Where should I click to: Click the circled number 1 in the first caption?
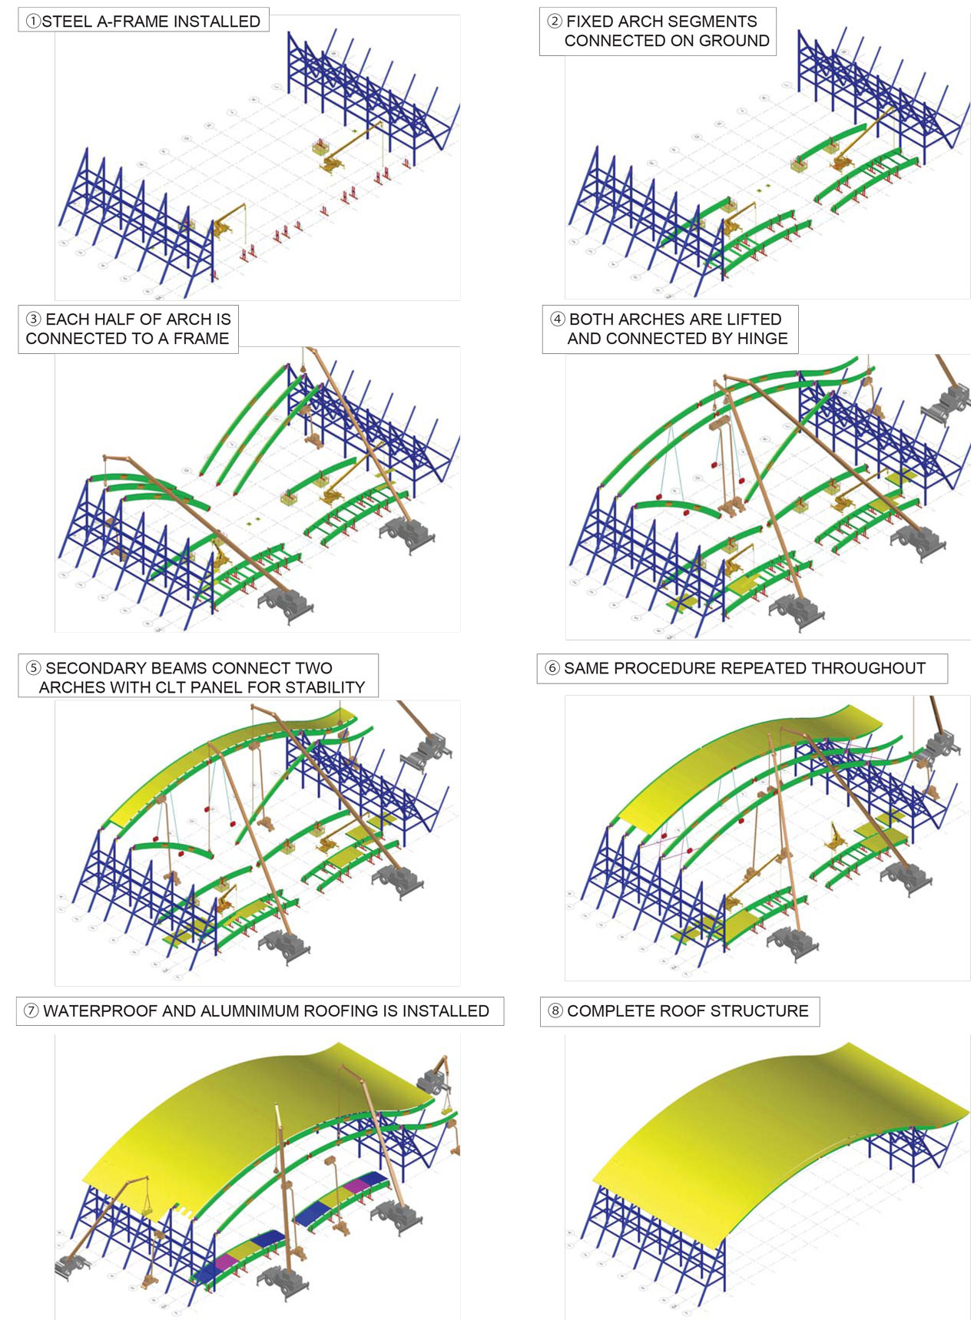coord(32,22)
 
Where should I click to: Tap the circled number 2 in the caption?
coord(555,22)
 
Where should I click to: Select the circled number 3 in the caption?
coord(34,319)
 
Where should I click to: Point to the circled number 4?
coord(558,319)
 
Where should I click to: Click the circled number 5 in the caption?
coord(34,668)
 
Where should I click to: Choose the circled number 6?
coord(552,668)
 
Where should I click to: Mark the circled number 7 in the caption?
coord(31,1011)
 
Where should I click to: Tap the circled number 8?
coord(555,1011)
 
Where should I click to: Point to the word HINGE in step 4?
coord(763,339)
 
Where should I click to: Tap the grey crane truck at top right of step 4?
coord(948,402)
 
